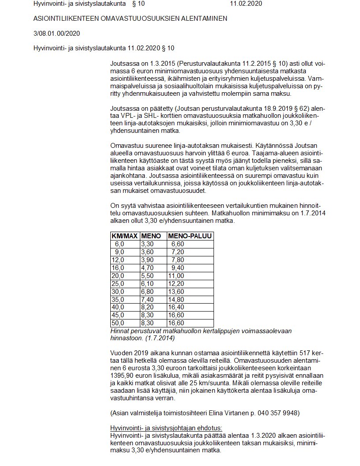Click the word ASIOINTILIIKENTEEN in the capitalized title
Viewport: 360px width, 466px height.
65,19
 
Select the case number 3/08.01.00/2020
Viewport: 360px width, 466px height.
56,33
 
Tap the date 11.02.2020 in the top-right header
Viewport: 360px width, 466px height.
246,4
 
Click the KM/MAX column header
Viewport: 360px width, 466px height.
125,236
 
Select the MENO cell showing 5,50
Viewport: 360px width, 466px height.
147,275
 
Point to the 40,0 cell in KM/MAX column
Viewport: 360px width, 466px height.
119,307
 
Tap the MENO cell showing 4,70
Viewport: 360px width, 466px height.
147,267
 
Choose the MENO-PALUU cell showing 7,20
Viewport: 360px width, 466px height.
177,252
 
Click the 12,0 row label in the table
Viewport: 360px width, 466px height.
119,259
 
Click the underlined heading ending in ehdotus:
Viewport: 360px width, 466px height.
166,428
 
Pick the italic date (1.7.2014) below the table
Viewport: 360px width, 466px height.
158,338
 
